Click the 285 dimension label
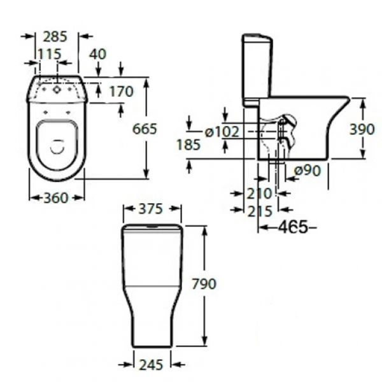pos(55,37)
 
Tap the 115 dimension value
pos(50,54)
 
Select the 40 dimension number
pos(97,54)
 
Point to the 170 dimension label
pos(121,92)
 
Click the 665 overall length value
pos(145,129)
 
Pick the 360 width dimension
pos(56,198)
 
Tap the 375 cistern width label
pos(150,209)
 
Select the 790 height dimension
pos(204,284)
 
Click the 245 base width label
pos(151,365)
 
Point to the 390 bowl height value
pos(362,129)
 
